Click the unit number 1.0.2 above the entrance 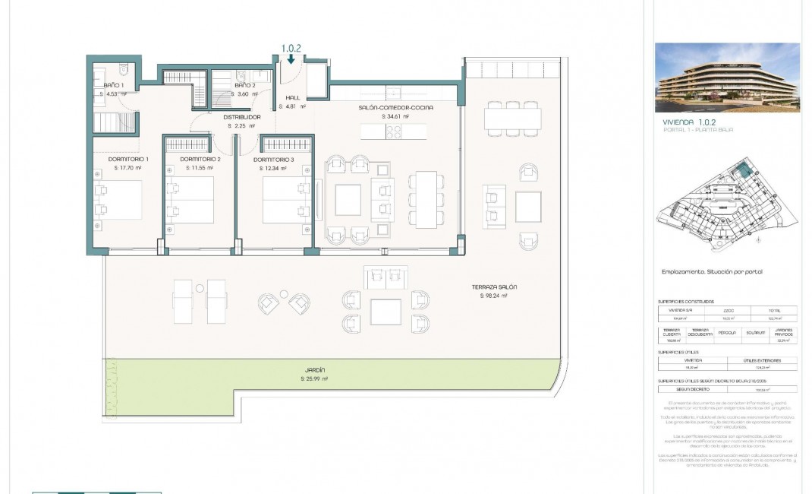pos(291,47)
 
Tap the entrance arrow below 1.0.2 pos(291,59)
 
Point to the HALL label pos(292,98)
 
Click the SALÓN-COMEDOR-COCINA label pos(395,108)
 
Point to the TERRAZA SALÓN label pos(495,287)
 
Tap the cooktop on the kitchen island pos(395,131)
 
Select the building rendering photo pos(727,77)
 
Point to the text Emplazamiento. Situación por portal pos(712,271)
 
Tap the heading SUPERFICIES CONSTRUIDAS pos(686,302)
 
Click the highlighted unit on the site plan pos(747,171)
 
